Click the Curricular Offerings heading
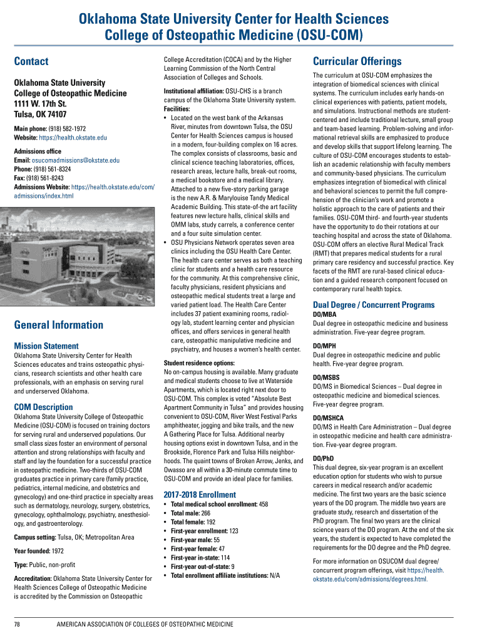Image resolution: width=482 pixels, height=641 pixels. point(357,61)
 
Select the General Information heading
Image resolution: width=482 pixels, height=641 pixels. point(58,324)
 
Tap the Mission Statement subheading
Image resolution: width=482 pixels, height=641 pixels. point(46,346)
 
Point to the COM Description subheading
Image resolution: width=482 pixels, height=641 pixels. point(44,407)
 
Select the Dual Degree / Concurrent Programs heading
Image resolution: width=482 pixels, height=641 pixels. point(373,305)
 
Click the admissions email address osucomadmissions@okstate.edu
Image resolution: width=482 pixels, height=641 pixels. point(75,160)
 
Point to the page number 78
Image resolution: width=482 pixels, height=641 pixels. point(18,624)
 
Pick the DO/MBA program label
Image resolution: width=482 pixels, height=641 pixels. point(324,314)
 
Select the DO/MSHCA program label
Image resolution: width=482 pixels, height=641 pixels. point(328,418)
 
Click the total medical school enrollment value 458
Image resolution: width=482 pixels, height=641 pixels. point(263,504)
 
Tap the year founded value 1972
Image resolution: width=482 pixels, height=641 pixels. point(58,551)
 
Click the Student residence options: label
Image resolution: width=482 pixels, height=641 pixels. point(198,363)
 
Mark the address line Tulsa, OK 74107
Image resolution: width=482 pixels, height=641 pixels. point(40,114)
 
